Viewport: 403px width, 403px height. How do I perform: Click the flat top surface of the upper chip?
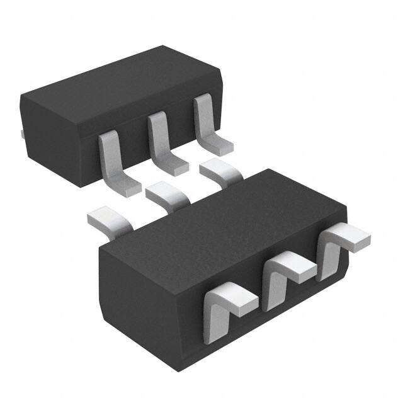[120, 79]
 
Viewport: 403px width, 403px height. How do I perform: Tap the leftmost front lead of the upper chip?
[114, 161]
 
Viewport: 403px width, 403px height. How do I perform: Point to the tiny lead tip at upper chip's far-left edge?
[21, 133]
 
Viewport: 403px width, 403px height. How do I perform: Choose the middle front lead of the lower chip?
[281, 273]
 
